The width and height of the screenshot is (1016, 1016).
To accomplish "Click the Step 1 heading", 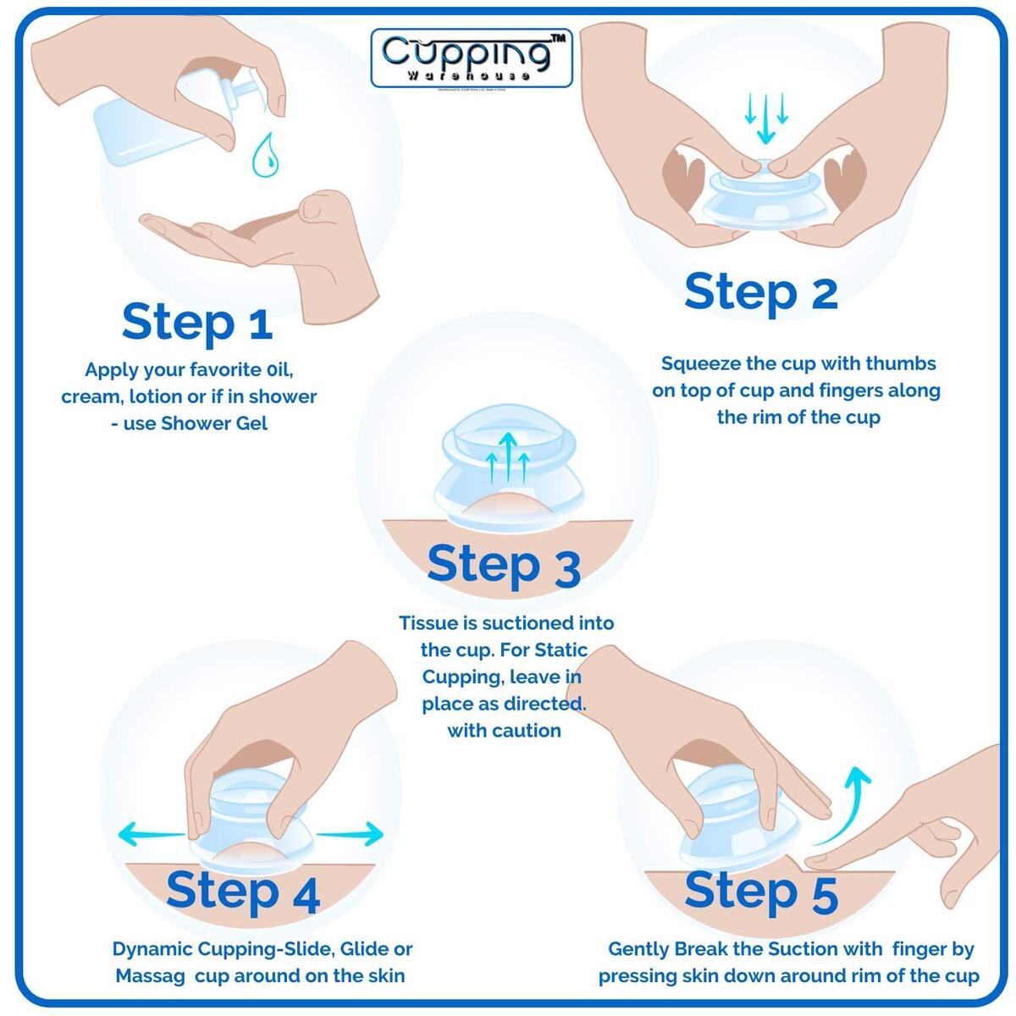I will pyautogui.click(x=196, y=323).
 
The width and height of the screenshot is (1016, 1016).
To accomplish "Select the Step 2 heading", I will pyautogui.click(x=760, y=293).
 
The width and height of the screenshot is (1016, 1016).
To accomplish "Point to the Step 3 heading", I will pyautogui.click(x=503, y=565).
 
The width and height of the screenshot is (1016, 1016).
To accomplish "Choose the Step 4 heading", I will pyautogui.click(x=243, y=891).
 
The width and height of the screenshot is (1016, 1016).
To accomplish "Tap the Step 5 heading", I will pyautogui.click(x=760, y=892).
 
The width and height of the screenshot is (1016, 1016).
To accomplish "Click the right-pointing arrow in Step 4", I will pyautogui.click(x=350, y=834).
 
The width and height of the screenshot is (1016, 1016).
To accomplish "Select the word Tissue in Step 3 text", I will pyautogui.click(x=428, y=623).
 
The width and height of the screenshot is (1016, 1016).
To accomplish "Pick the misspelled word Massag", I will pyautogui.click(x=150, y=975).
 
